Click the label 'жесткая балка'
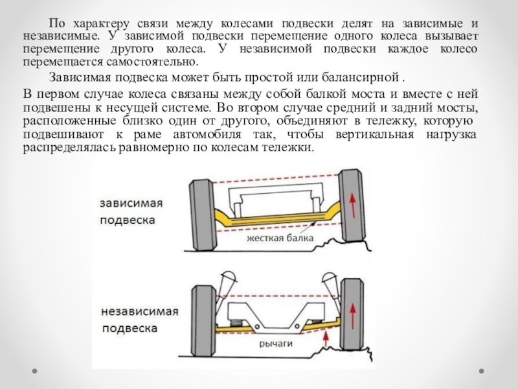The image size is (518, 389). coord(279,238)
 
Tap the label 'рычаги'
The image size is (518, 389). coord(276,344)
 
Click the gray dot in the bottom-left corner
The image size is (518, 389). coord(34,371)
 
